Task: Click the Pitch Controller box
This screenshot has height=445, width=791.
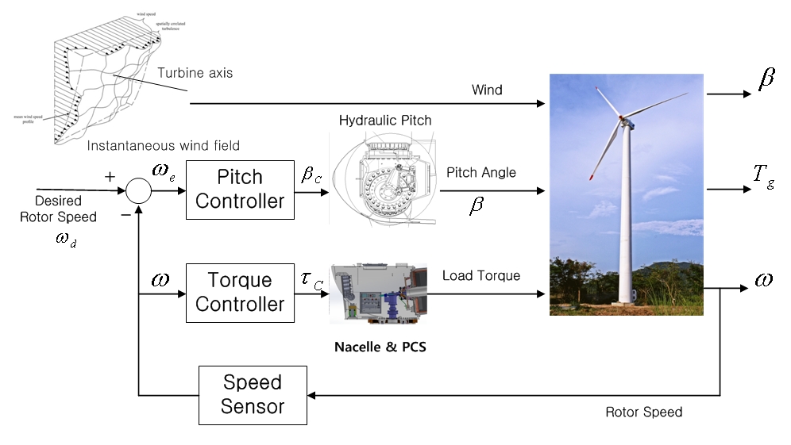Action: pyautogui.click(x=240, y=189)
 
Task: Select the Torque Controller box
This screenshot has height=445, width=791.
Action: pyautogui.click(x=240, y=292)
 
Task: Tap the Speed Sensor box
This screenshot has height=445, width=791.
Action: pyautogui.click(x=253, y=395)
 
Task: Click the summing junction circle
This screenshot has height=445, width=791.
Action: pyautogui.click(x=139, y=190)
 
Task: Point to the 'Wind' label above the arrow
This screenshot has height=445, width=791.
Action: pyautogui.click(x=487, y=90)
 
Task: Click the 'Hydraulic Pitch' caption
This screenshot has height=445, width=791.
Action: pyautogui.click(x=385, y=121)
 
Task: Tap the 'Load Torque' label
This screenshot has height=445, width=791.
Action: pyautogui.click(x=481, y=276)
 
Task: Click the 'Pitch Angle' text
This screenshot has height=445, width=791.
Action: pyautogui.click(x=481, y=172)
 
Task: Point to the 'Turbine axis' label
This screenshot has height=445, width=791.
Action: pyautogui.click(x=195, y=73)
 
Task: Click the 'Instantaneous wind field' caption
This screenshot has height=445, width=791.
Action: pyautogui.click(x=163, y=145)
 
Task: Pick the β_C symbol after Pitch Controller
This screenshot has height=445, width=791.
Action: pyautogui.click(x=311, y=175)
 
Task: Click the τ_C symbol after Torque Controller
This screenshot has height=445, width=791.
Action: pyautogui.click(x=311, y=281)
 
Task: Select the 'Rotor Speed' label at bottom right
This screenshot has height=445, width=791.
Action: pyautogui.click(x=643, y=412)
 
